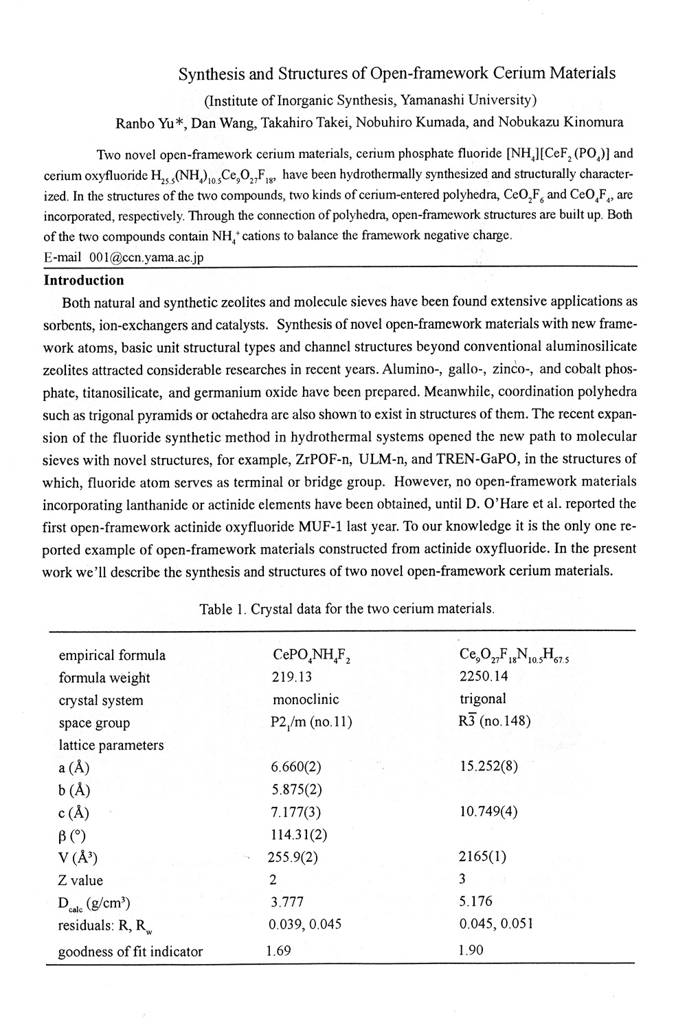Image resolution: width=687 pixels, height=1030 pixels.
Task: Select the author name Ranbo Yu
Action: pyautogui.click(x=150, y=124)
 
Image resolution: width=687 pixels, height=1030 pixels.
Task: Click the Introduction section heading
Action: pyautogui.click(x=84, y=280)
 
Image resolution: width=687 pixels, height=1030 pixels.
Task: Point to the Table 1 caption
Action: pyautogui.click(x=347, y=608)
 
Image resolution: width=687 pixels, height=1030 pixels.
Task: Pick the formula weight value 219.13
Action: pyautogui.click(x=292, y=677)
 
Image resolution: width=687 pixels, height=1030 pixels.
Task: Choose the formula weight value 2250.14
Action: pyautogui.click(x=484, y=676)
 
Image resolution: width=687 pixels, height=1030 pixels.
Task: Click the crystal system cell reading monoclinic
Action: pyautogui.click(x=306, y=700)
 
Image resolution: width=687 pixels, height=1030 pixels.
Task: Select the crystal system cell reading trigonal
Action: pyautogui.click(x=482, y=699)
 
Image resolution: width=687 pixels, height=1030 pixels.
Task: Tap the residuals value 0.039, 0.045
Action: pyautogui.click(x=304, y=924)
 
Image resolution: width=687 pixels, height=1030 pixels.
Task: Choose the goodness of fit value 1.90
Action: pyautogui.click(x=471, y=950)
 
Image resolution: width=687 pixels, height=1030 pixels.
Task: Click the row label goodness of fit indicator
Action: pyautogui.click(x=131, y=952)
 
